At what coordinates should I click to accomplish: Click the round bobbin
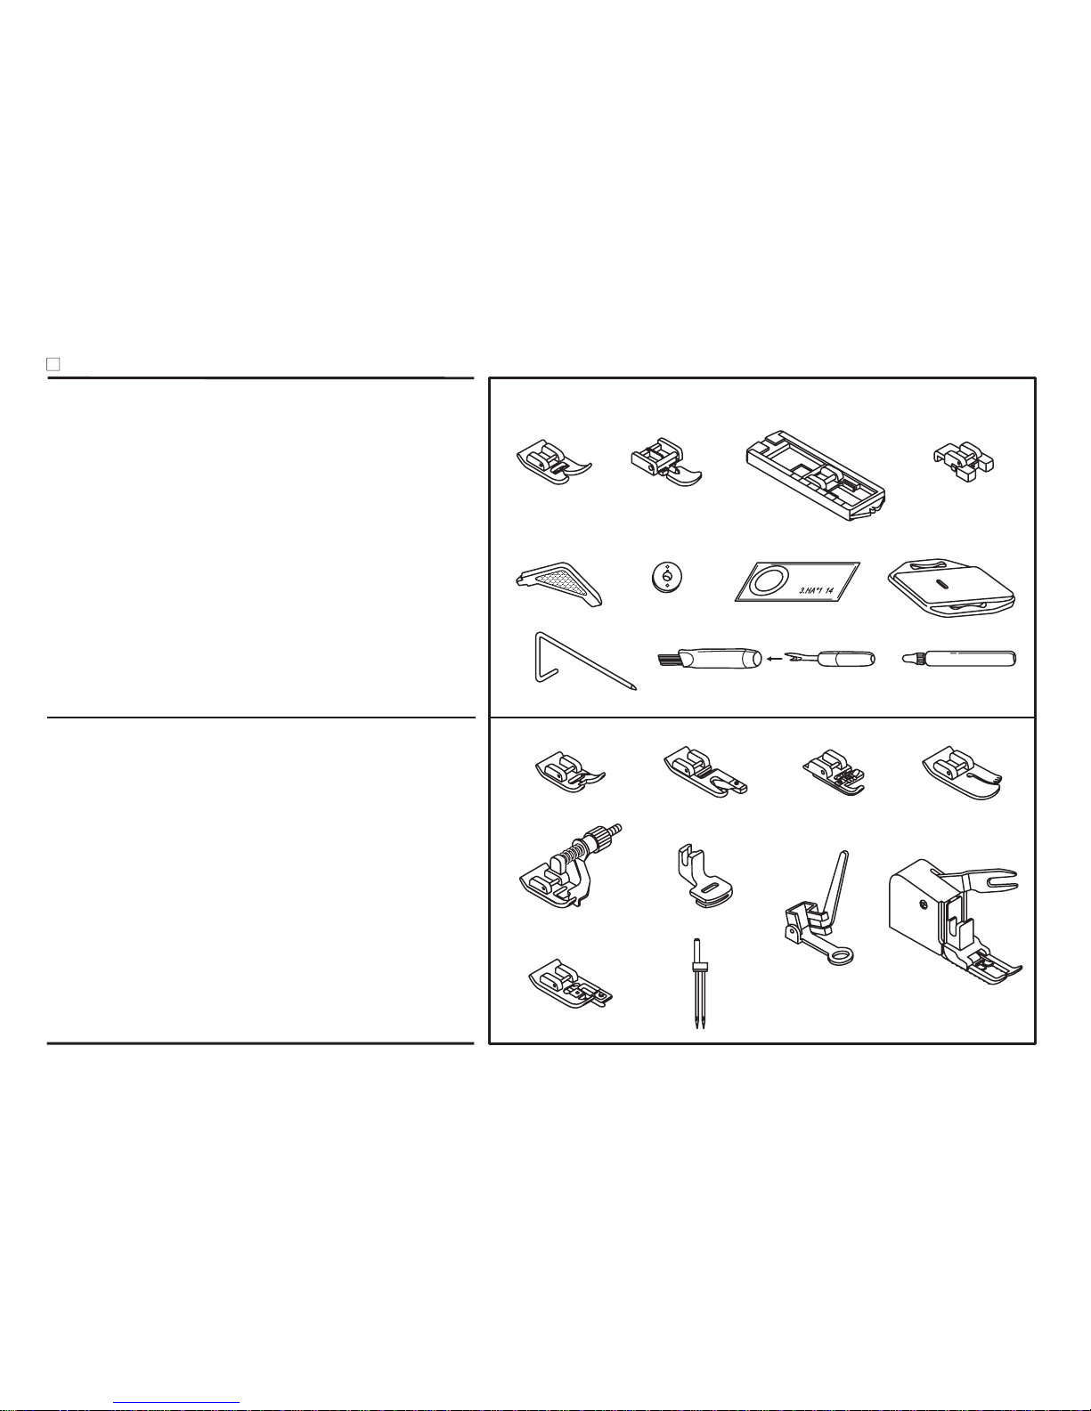[x=666, y=577]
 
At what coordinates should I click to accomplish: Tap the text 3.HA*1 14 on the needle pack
[x=816, y=590]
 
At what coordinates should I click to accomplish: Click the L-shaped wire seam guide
[x=584, y=661]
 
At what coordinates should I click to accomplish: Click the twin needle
[x=698, y=983]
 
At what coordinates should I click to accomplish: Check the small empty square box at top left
[x=53, y=363]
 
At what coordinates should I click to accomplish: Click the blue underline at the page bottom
[x=176, y=1403]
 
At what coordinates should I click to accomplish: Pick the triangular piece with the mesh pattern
[x=559, y=584]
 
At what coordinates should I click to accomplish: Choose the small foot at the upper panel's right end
[x=964, y=462]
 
